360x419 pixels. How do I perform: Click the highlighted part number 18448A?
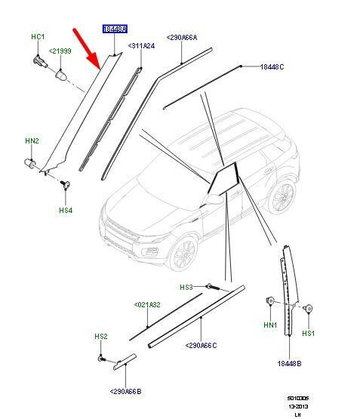pyautogui.click(x=115, y=29)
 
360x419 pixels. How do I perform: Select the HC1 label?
pyautogui.click(x=37, y=36)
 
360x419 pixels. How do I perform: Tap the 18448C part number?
pyautogui.click(x=272, y=67)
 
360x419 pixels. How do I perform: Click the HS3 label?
pyautogui.click(x=186, y=287)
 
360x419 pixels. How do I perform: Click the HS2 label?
pyautogui.click(x=100, y=335)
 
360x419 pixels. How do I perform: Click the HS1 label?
pyautogui.click(x=308, y=333)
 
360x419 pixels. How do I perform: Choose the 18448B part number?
pyautogui.click(x=290, y=362)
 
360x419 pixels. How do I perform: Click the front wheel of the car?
pyautogui.click(x=185, y=254)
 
